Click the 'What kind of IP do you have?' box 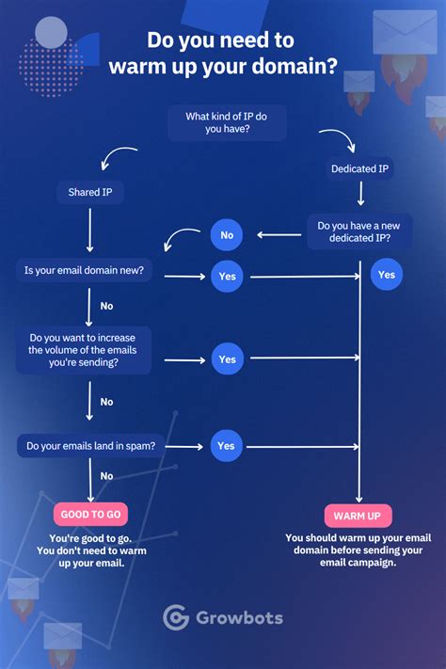click(227, 122)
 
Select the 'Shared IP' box click(90, 193)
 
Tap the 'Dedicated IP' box click(359, 169)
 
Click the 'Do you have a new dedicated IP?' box click(358, 231)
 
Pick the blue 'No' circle click(227, 234)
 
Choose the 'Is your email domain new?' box click(84, 270)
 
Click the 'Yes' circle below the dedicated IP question click(386, 275)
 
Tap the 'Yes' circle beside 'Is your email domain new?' click(228, 277)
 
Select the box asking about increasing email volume click(84, 350)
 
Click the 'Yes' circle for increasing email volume click(228, 359)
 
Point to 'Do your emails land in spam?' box click(90, 446)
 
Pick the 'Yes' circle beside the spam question click(226, 446)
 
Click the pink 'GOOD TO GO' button click(90, 514)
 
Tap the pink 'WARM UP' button click(358, 516)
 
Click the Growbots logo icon click(176, 617)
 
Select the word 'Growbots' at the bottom click(239, 618)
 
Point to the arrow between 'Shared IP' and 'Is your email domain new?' click(89, 230)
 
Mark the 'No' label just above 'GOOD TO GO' click(106, 476)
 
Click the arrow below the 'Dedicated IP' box click(360, 194)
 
